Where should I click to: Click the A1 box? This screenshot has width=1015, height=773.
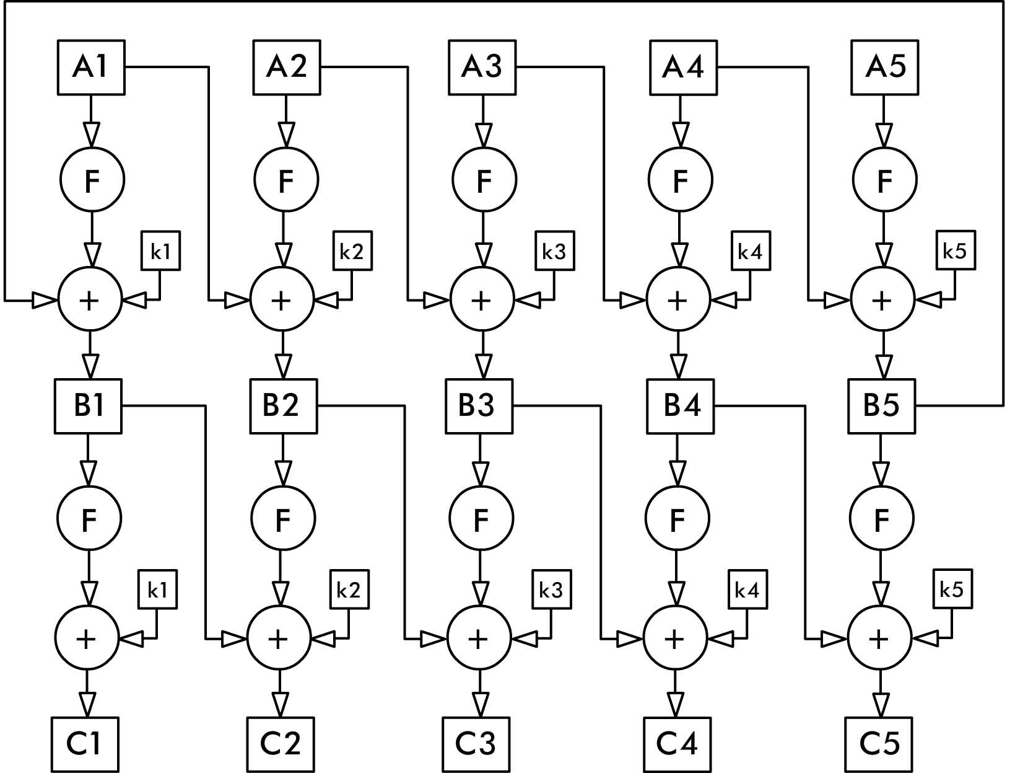(91, 68)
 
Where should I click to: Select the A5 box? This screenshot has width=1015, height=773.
(884, 68)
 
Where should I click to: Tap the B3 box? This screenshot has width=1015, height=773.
(479, 406)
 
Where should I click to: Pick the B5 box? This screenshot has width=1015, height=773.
(881, 406)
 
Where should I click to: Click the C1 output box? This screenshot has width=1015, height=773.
(85, 744)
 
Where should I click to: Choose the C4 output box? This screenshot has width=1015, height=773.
(677, 744)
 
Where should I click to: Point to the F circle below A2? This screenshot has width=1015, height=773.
(286, 180)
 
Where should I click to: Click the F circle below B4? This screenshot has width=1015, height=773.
(677, 518)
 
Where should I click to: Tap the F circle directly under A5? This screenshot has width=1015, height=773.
(884, 180)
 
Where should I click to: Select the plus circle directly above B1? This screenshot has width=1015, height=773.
(90, 301)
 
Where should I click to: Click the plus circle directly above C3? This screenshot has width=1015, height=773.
(478, 638)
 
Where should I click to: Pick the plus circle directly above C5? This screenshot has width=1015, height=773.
(879, 638)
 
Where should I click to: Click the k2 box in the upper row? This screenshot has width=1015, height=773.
(352, 251)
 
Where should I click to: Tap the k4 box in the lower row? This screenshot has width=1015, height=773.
(747, 590)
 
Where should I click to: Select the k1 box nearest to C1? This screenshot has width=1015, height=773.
(157, 590)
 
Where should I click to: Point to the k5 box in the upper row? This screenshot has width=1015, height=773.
(955, 250)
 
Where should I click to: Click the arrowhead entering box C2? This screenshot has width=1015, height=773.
(281, 705)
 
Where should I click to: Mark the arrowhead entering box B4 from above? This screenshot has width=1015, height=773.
(679, 366)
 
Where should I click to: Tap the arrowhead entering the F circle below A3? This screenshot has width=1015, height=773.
(484, 135)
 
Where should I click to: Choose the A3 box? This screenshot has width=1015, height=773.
(482, 68)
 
